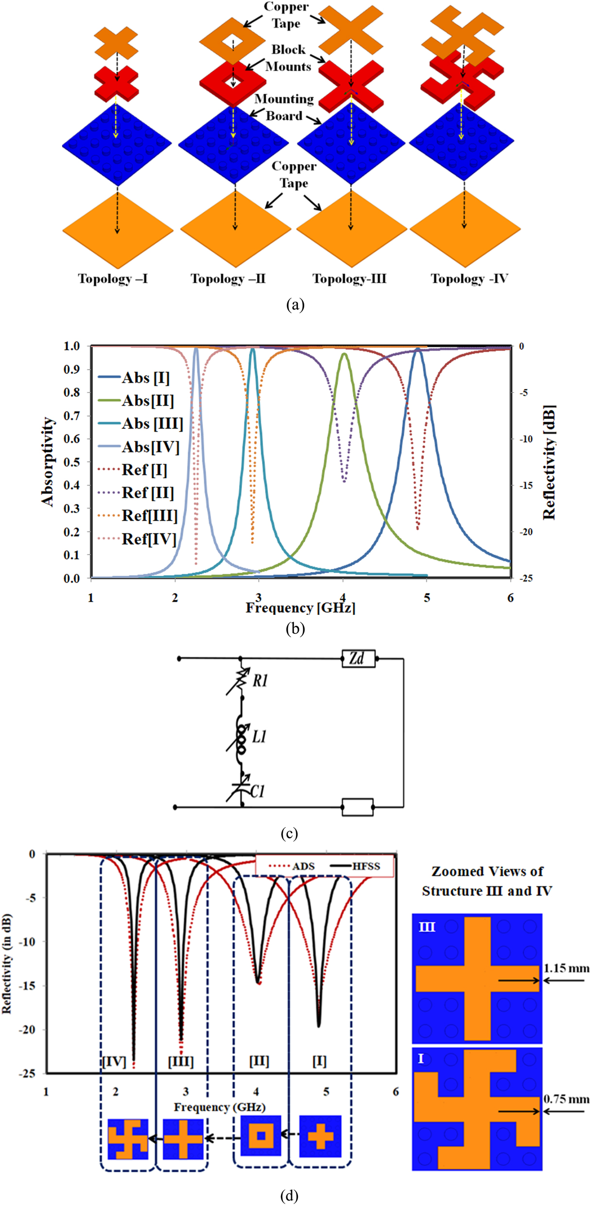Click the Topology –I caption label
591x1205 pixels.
point(113,279)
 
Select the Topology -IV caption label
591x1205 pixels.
point(469,279)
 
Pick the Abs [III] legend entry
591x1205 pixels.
point(140,424)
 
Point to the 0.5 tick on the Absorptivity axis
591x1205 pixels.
point(71,462)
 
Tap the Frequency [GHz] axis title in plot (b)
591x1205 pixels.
point(300,608)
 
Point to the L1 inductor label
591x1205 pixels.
point(259,736)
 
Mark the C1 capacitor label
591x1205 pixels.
point(258,792)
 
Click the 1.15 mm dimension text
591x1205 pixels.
point(566,968)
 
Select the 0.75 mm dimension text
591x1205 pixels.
point(566,1099)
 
